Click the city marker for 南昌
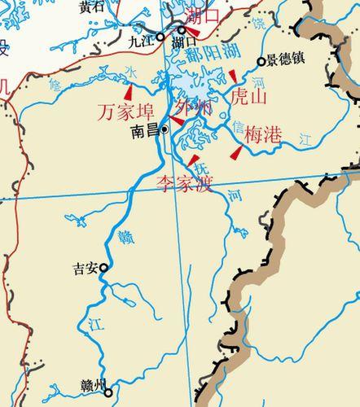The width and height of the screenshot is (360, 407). pos(165,129)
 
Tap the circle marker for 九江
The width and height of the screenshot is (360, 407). pos(160,37)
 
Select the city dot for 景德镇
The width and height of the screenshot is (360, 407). pos(261,61)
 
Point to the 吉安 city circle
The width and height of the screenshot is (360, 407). pos(103,266)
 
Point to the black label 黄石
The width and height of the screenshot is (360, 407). pos(90,7)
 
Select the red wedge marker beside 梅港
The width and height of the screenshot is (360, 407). pos(235,152)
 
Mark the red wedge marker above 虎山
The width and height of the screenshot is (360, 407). pos(232,77)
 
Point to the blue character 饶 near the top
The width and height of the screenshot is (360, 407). pos(258,25)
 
